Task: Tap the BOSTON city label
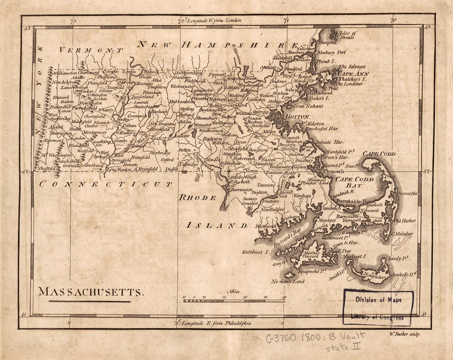297,117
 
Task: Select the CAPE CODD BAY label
354,182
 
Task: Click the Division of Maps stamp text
378,300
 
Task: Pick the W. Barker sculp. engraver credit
404,334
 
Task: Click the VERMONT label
91,50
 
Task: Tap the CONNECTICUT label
105,184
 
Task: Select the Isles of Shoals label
348,35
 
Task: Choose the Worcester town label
203,124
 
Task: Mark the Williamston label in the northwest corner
65,73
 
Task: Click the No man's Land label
287,281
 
